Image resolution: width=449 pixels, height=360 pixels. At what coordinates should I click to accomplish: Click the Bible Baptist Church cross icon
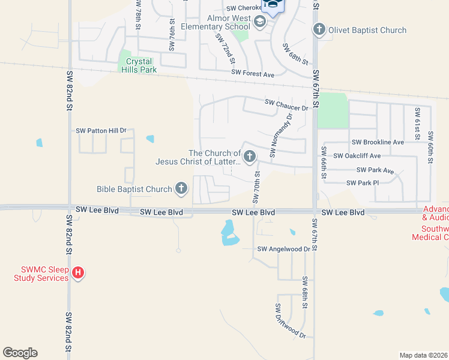(181, 189)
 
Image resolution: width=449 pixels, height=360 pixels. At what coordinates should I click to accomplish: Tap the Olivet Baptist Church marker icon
(319, 29)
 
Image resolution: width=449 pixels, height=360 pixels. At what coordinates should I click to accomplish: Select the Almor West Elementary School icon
(260, 23)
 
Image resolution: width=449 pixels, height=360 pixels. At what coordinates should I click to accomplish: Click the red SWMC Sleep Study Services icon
(77, 274)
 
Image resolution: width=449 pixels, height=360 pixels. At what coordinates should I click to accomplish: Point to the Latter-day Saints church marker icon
(250, 157)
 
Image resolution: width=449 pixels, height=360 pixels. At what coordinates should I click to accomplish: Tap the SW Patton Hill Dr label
(101, 130)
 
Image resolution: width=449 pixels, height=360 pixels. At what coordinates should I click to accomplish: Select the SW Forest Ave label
(253, 74)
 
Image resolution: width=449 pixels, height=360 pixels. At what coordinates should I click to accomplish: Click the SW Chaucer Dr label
(286, 105)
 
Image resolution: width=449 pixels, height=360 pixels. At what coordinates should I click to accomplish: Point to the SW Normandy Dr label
(281, 136)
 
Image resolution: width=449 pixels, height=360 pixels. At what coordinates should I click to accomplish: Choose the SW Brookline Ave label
(378, 142)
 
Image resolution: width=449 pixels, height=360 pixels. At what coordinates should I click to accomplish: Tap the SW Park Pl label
(362, 182)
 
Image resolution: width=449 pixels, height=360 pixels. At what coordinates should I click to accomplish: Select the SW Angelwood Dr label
(283, 249)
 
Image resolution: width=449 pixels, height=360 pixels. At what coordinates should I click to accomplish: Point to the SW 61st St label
(416, 121)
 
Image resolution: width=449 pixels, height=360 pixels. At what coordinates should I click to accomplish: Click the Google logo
(20, 353)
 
